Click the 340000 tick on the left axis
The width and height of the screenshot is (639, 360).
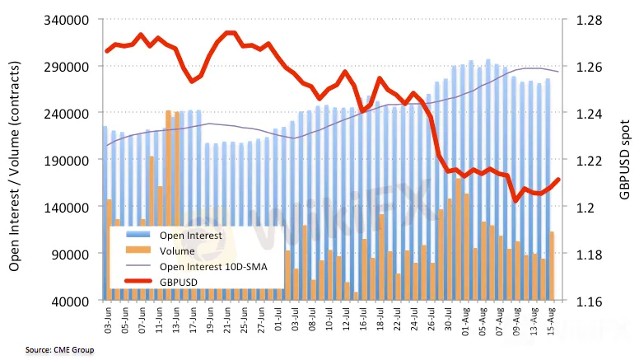[x=71, y=19]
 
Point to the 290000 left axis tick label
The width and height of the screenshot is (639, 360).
[x=71, y=66]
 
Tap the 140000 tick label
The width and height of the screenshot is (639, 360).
[x=71, y=207]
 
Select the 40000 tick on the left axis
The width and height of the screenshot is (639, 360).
[x=74, y=301]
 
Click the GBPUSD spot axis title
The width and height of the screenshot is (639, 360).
[x=626, y=161]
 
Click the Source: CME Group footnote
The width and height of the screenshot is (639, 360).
[x=48, y=350]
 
